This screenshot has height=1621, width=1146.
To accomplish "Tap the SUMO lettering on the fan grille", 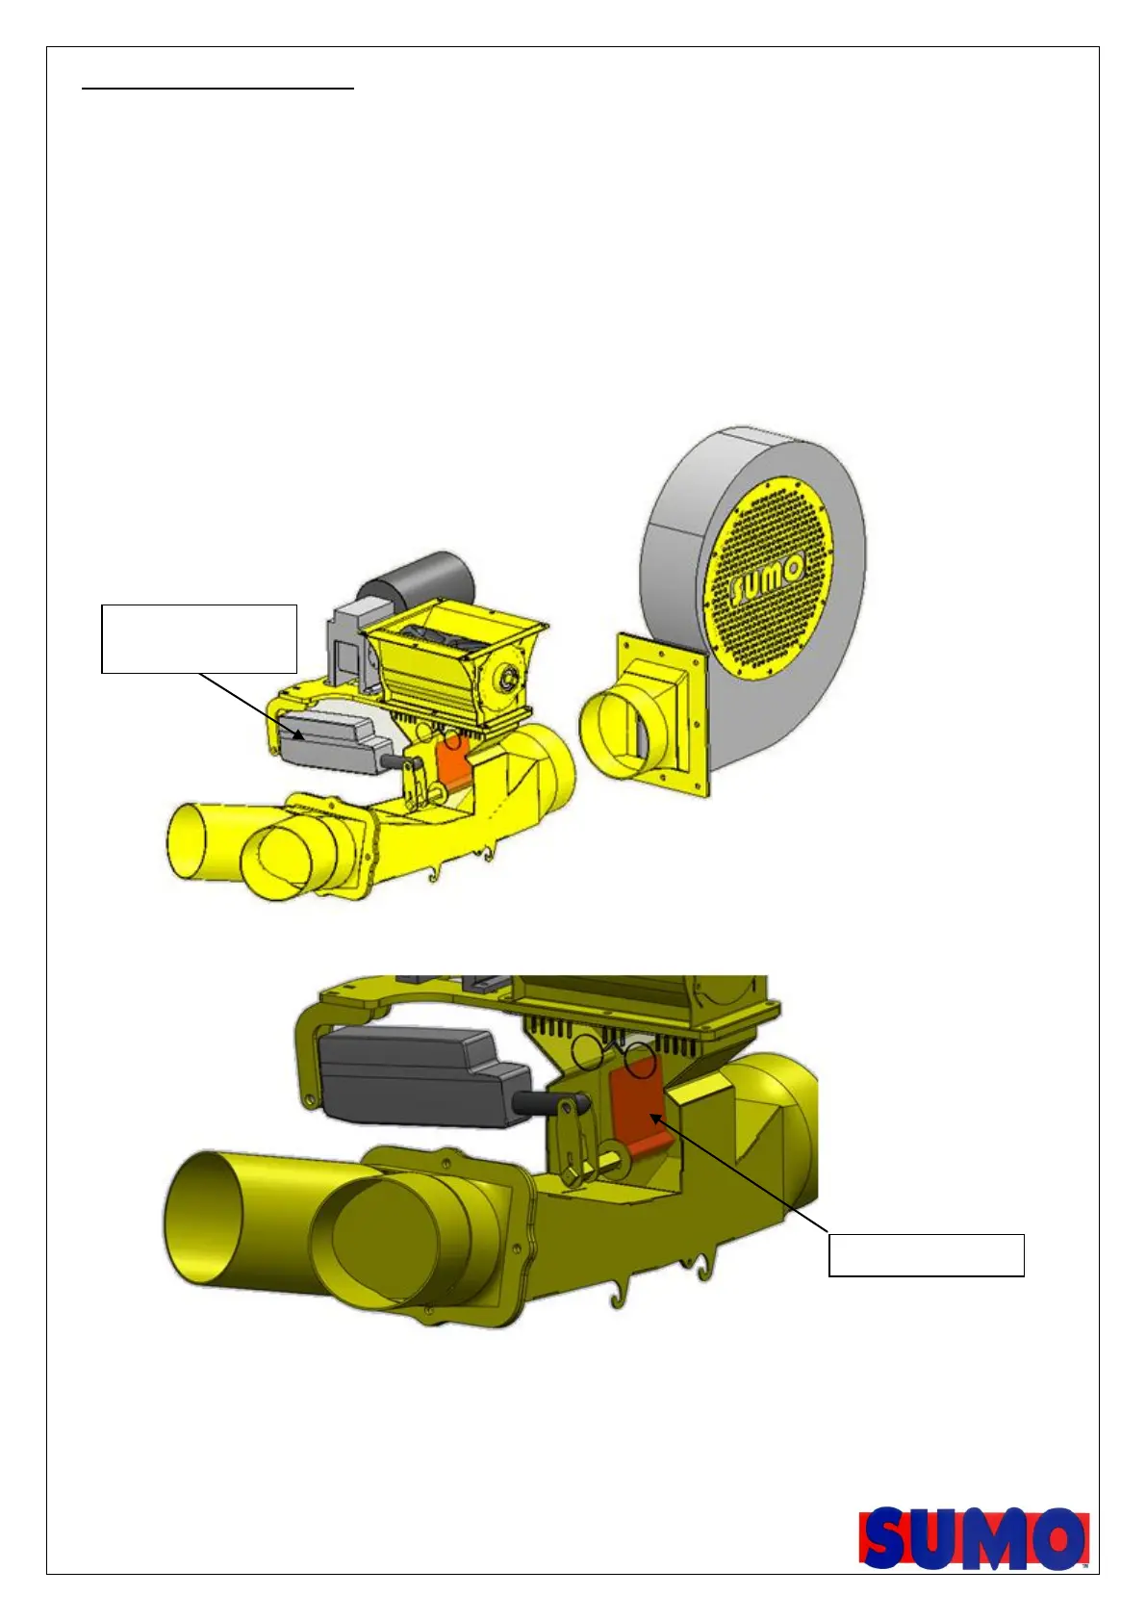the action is point(767,579).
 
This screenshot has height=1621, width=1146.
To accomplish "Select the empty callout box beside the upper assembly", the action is point(199,639).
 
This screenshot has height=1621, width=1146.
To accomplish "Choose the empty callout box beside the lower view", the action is point(926,1255).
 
